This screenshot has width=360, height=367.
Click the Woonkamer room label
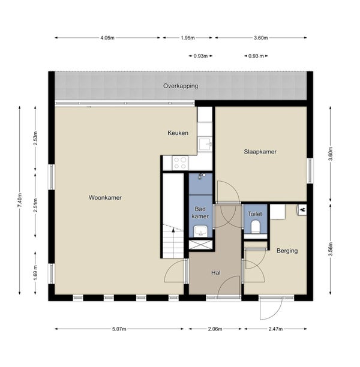pos(105,197)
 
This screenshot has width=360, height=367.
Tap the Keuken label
pos(178,133)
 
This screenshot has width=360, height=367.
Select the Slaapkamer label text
pos(260,152)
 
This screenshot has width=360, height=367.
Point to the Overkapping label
pos(181,86)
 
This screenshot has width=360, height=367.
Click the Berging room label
pos(287,251)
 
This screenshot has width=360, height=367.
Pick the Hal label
pos(216,273)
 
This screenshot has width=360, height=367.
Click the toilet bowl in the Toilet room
pos(255,227)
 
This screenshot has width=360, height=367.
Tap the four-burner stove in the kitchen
pos(180,163)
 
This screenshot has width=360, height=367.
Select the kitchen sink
pos(205,144)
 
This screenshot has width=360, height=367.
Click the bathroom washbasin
pos(200,231)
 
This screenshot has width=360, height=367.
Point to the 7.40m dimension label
pos(20,200)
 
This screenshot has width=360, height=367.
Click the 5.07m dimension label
pos(119,329)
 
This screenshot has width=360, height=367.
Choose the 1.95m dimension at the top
pos(188,38)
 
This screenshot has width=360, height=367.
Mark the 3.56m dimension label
pos(330,249)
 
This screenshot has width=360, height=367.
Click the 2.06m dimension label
pos(215,329)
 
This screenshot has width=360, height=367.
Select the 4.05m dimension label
pos(107,38)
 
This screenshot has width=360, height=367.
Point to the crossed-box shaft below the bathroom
pos(200,245)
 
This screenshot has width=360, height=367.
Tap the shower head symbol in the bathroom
pos(201,176)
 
